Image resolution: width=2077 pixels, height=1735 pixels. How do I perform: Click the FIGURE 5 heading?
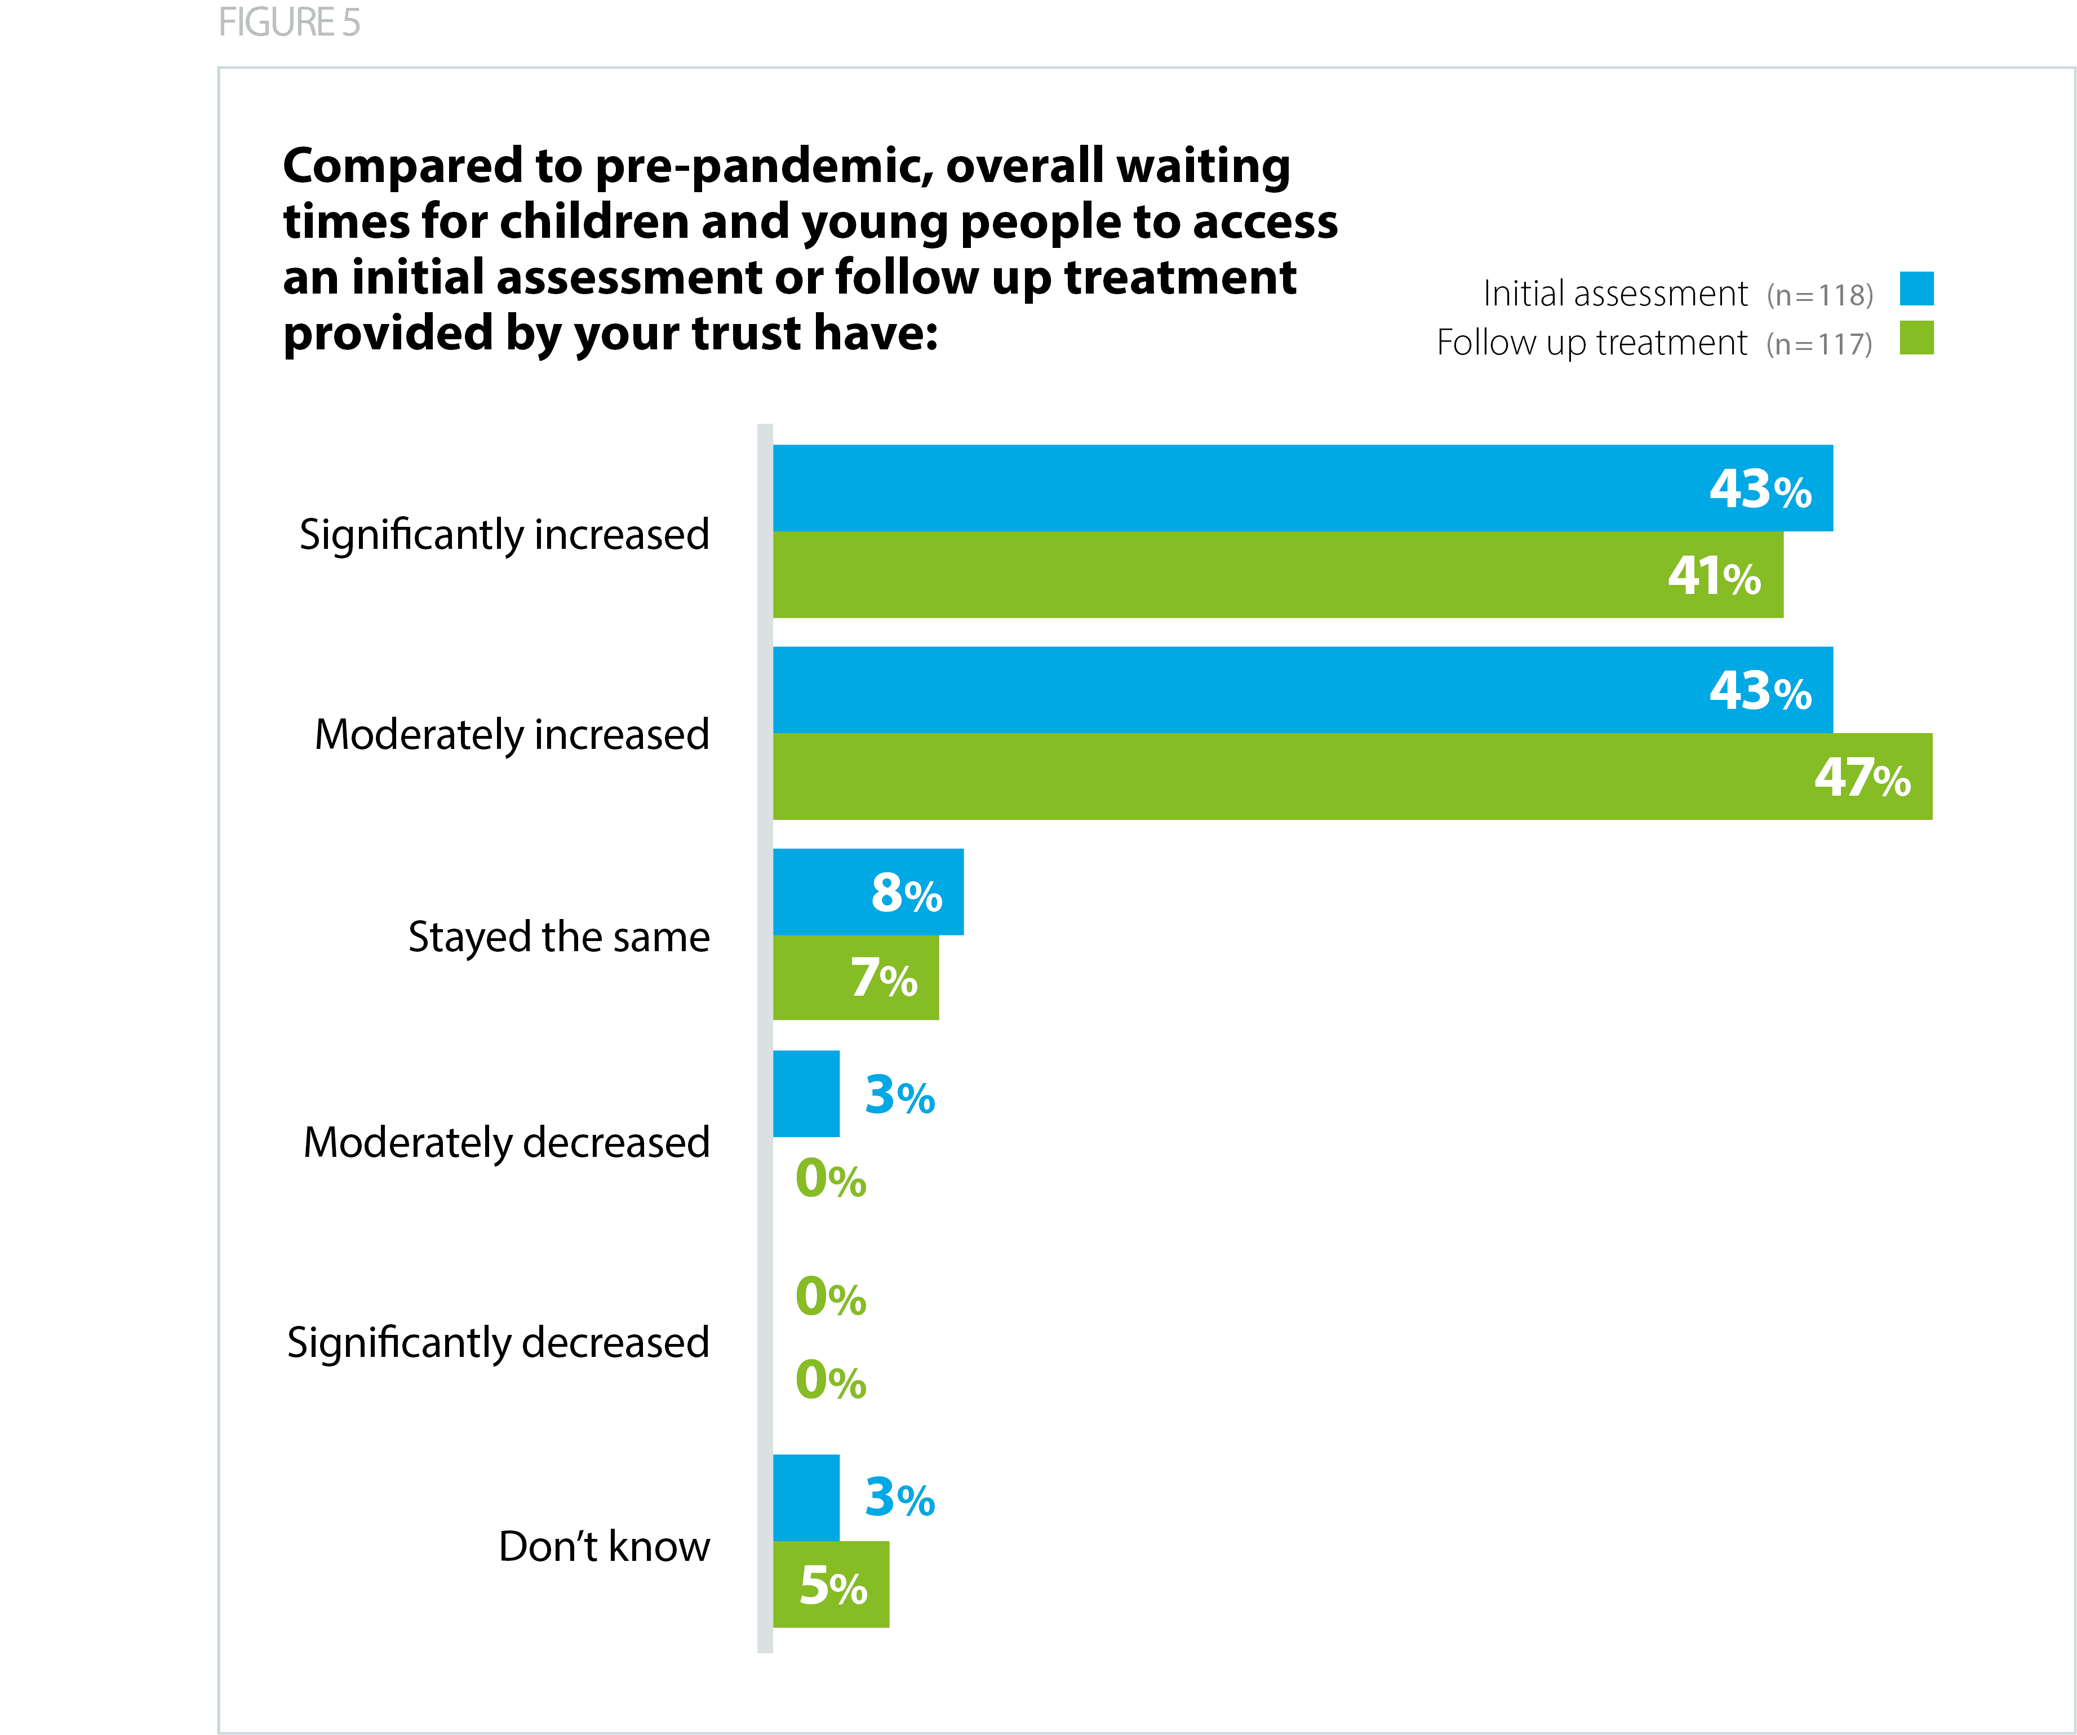(289, 23)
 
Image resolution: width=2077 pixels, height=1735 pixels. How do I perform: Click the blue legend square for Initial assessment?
(1916, 289)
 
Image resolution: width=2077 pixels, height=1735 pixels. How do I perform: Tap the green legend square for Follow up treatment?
(1916, 338)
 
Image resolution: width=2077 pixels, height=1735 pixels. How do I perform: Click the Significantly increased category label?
(504, 535)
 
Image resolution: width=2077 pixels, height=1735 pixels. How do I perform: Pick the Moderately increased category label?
(511, 735)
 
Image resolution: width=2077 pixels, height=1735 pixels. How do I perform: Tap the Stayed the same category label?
(559, 937)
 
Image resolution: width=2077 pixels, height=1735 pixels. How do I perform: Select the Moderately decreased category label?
(507, 1143)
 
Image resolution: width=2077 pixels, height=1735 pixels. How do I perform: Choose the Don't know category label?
(603, 1546)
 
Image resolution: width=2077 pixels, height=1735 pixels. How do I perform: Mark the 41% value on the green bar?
(1714, 576)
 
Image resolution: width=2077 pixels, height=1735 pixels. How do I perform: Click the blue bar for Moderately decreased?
(806, 1094)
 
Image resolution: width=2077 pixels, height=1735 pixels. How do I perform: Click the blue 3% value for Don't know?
(899, 1498)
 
